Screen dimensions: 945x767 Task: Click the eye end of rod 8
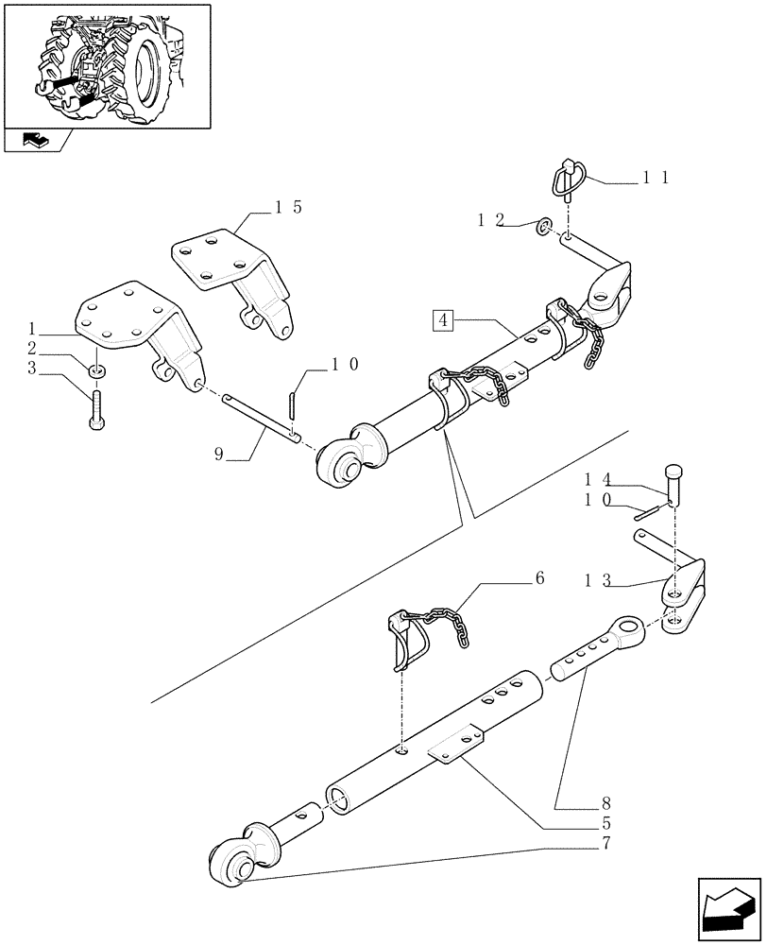(629, 629)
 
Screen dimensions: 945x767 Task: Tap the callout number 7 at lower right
(605, 841)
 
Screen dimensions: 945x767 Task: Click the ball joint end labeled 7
(230, 864)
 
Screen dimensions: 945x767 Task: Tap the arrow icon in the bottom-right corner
(727, 908)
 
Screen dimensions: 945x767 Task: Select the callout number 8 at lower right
(605, 805)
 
